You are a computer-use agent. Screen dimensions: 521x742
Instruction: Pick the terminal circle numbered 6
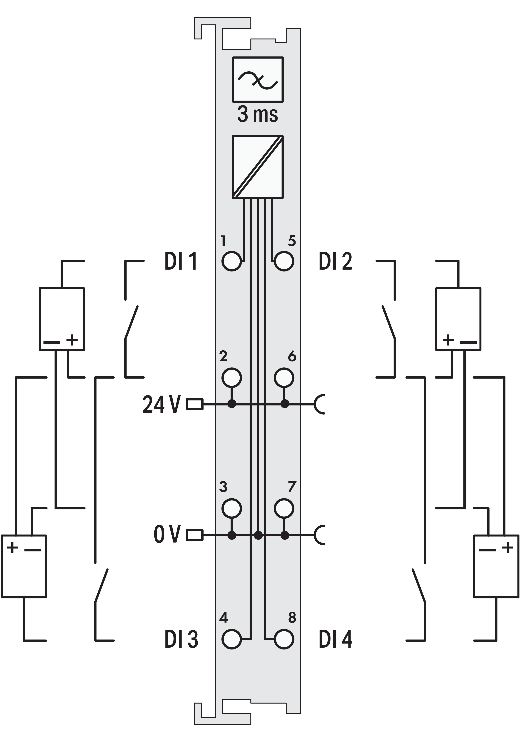tap(284, 377)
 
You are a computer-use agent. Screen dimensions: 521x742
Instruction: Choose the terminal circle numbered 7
tap(284, 508)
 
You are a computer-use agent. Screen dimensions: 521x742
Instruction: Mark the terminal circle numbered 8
tap(284, 639)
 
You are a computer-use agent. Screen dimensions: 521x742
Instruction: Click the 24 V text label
tap(161, 404)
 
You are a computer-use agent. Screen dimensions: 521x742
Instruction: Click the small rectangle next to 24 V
tap(195, 404)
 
